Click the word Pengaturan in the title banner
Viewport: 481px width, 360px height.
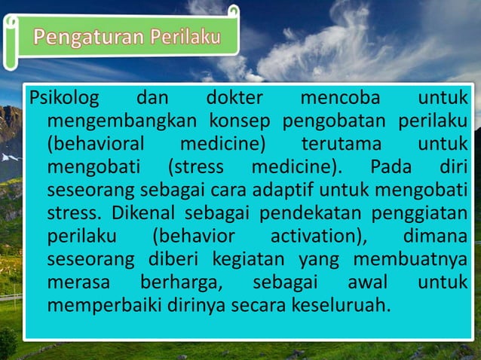[x=87, y=36]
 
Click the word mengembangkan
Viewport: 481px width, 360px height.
[x=123, y=121]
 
